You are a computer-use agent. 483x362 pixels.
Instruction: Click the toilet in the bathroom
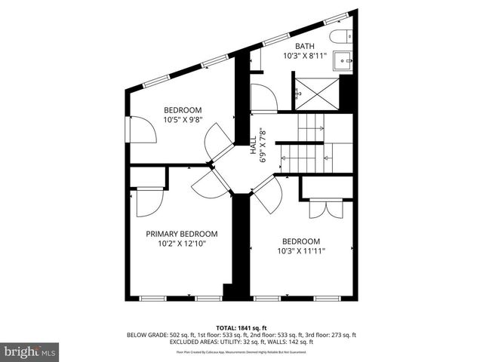tap(337, 37)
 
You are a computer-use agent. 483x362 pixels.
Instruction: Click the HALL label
tap(254, 144)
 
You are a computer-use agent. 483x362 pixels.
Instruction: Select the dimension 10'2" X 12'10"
tap(182, 244)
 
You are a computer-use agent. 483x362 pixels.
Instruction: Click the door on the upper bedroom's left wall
tap(143, 130)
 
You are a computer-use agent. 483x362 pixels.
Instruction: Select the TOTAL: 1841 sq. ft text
tap(241, 327)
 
